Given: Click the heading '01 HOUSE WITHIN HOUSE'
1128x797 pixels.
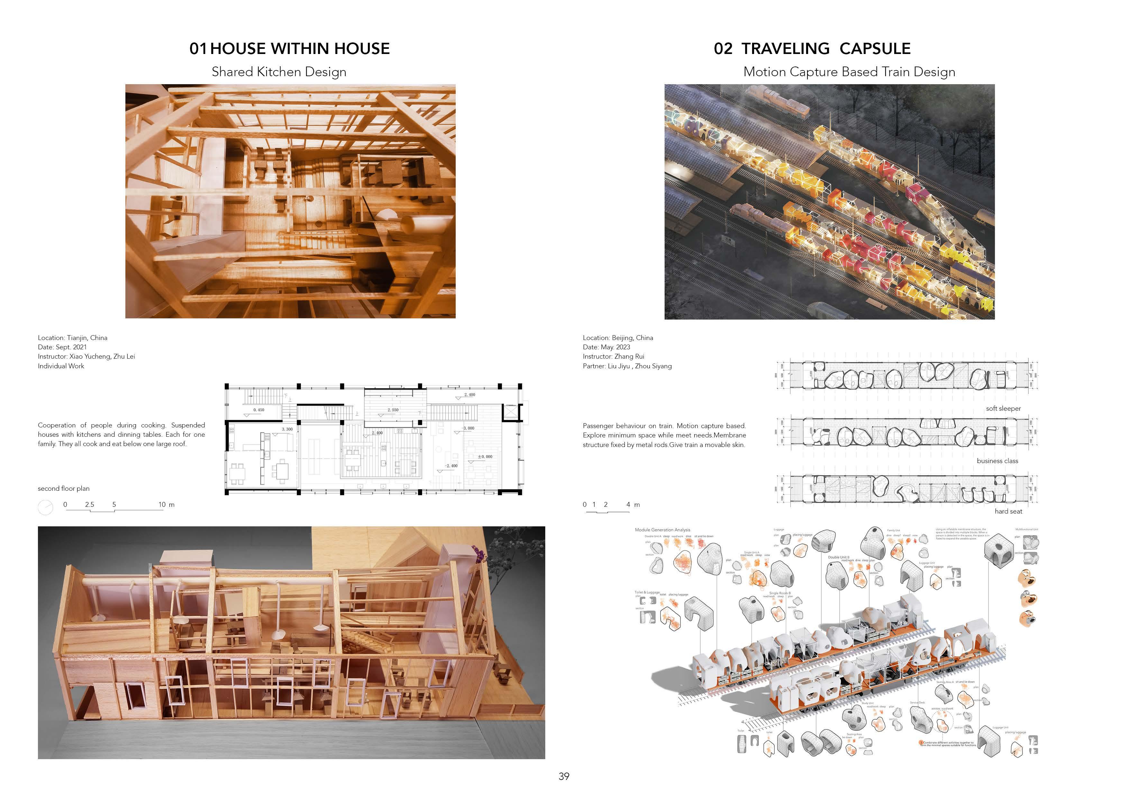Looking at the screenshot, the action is point(289,49).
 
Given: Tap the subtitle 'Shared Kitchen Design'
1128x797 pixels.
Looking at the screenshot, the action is point(278,72).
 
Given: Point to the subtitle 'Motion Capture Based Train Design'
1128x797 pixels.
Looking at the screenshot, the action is point(849,72).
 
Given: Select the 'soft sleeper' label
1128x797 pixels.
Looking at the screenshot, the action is point(1003,408).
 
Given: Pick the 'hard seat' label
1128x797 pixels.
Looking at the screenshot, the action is point(1008,511).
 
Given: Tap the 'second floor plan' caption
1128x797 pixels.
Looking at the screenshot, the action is point(63,488).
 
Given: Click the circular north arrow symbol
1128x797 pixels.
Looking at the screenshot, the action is point(45,507).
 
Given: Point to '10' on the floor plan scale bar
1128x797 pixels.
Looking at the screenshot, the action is point(162,504).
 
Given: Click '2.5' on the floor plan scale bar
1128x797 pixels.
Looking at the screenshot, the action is point(89,504).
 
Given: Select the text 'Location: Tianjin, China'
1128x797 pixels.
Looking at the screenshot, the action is point(72,338).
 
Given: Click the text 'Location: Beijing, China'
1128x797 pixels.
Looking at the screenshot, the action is point(618,338).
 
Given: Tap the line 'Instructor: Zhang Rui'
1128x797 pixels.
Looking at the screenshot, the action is point(613,356).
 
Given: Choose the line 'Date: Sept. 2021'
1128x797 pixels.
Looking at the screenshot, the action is point(62,347).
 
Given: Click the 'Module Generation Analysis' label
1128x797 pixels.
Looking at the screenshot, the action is point(662,530).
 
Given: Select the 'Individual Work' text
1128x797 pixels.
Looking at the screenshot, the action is point(61,366).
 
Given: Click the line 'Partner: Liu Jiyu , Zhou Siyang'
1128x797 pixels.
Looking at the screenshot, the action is point(627,366).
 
